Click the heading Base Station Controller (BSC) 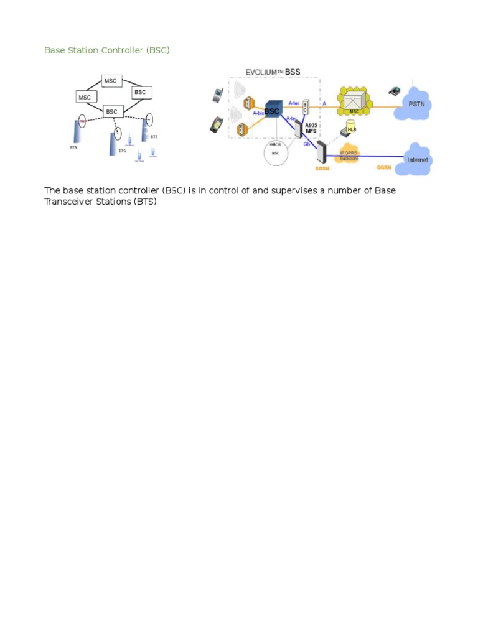(x=106, y=50)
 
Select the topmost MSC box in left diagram (x=113, y=81)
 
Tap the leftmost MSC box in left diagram (x=85, y=97)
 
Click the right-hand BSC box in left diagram (x=141, y=92)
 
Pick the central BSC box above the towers (x=112, y=111)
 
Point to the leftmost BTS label (x=74, y=148)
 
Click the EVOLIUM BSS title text (x=273, y=72)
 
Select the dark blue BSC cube (x=273, y=111)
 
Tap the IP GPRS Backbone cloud (x=349, y=156)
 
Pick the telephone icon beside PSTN (x=394, y=91)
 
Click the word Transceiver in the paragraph (x=69, y=202)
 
